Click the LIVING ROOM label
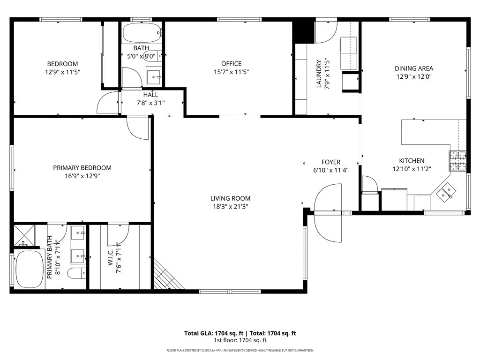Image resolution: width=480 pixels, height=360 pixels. click(x=230, y=198)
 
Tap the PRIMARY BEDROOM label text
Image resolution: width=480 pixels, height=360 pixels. click(x=82, y=168)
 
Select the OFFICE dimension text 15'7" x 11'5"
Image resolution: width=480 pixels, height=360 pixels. click(x=231, y=72)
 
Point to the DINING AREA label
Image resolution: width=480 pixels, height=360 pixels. click(x=413, y=68)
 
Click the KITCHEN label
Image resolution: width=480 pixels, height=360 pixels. click(x=412, y=161)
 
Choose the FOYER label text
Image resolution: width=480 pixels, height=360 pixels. click(x=330, y=162)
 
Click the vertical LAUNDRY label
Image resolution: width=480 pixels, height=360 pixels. click(x=319, y=74)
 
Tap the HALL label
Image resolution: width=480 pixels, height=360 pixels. click(x=150, y=95)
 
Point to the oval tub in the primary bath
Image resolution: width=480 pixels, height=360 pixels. click(x=30, y=270)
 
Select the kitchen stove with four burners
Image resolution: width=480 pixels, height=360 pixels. click(x=458, y=161)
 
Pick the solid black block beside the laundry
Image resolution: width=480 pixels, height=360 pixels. click(x=302, y=31)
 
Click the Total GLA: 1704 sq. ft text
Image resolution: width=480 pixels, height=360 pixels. click(x=214, y=333)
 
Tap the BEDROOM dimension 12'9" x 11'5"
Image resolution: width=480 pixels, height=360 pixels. click(x=62, y=73)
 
